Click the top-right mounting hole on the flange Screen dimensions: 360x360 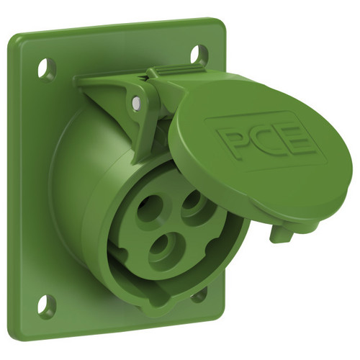[199, 55]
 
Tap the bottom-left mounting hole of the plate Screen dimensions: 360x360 [47, 305]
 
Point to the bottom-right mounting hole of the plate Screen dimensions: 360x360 [199, 294]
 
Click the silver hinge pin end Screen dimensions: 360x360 [136, 103]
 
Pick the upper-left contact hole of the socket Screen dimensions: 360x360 [150, 208]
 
